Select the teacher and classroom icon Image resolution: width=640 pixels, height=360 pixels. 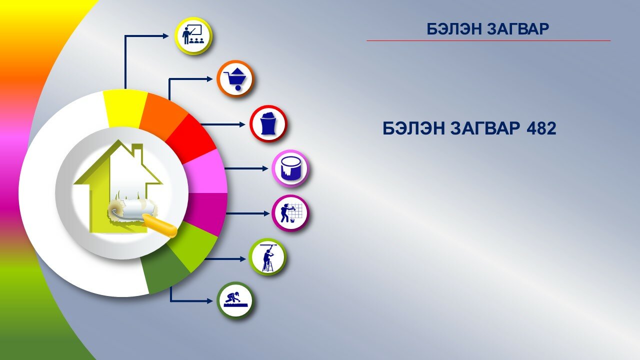193,36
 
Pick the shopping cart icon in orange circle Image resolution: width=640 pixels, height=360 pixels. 235,79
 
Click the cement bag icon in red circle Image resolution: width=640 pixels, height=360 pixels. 268,123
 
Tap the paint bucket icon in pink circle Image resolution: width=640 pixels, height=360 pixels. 290,168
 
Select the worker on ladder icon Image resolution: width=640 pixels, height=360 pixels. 267,257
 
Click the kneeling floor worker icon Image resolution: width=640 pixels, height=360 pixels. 235,300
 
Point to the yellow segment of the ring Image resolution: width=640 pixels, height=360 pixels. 124,108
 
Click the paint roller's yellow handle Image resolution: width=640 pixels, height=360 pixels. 159,226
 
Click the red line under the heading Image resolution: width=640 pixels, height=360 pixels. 488,40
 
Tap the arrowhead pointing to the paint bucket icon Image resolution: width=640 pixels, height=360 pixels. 265,168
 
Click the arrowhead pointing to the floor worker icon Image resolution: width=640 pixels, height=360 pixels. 209,301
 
